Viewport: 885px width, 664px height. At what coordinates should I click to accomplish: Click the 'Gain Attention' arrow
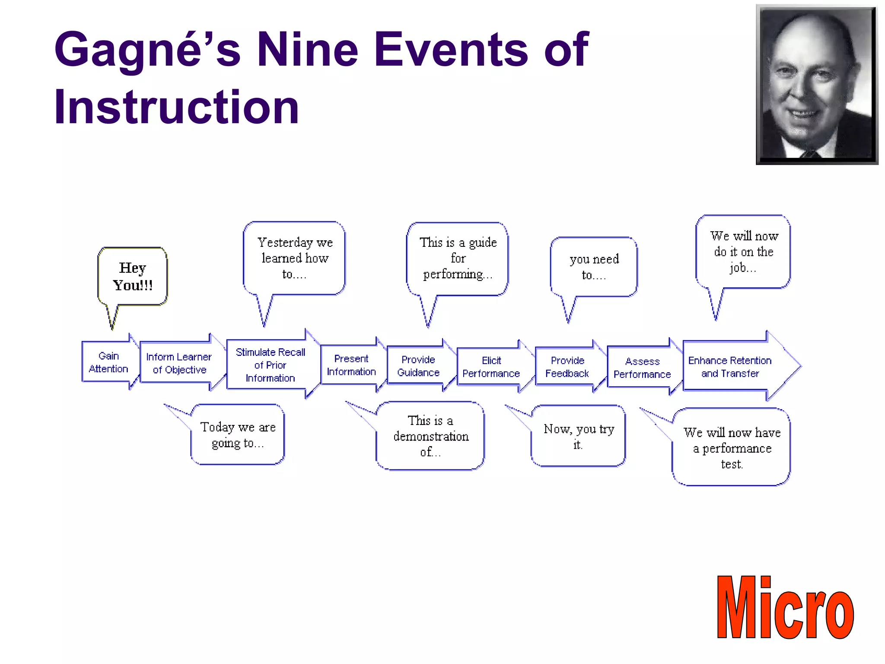tap(108, 363)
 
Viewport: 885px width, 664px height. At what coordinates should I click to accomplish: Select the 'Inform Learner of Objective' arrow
tap(179, 364)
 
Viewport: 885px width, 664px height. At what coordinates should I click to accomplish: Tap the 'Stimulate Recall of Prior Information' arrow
tap(271, 365)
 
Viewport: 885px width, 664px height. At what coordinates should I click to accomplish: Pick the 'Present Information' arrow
tap(351, 365)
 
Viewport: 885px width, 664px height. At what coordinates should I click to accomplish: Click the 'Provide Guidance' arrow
tap(418, 366)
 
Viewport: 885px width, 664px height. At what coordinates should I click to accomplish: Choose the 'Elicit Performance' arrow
tap(491, 367)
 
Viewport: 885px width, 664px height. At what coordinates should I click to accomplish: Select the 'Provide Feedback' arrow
tap(567, 367)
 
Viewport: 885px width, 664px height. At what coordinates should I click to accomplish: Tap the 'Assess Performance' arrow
tap(642, 368)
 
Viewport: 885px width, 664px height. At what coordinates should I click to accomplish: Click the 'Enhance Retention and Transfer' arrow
tap(730, 367)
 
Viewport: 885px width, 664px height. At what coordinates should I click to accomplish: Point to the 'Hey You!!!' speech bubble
tap(133, 277)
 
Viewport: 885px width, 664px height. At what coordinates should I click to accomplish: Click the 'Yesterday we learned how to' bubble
tap(294, 258)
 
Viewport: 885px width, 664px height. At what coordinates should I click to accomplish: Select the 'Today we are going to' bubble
tap(238, 434)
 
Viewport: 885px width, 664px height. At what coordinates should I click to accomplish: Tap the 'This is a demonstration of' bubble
tap(430, 436)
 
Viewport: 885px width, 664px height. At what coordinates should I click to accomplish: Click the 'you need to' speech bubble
tap(594, 267)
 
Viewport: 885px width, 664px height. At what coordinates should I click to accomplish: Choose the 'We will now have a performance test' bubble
tap(732, 447)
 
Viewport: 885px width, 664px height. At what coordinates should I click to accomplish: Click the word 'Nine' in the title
tap(307, 49)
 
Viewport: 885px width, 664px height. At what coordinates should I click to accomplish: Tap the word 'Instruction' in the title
tap(176, 107)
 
